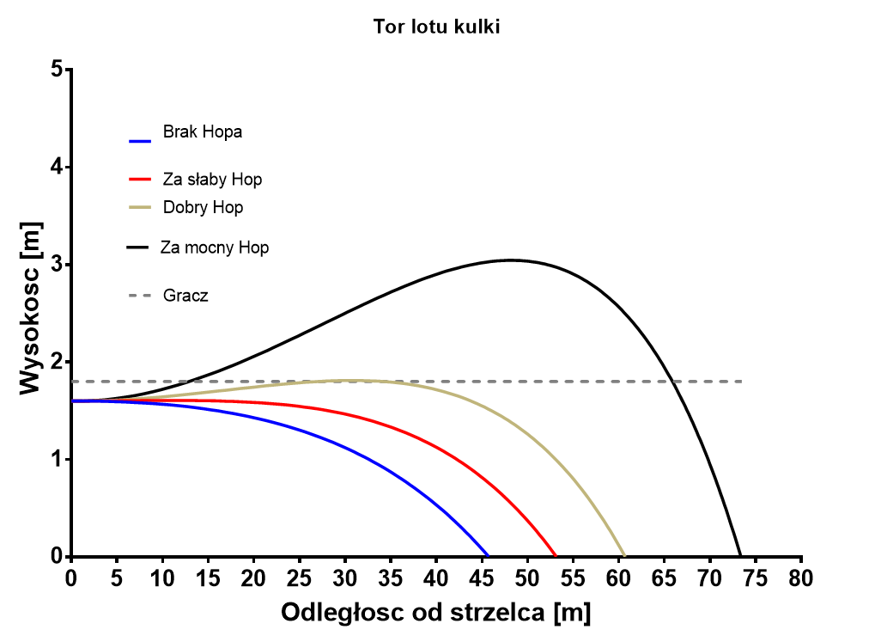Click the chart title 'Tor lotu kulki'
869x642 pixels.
[x=436, y=27]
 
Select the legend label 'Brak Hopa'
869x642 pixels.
[x=202, y=132]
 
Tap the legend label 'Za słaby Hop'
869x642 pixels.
[x=212, y=180]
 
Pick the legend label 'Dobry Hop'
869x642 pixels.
[x=203, y=208]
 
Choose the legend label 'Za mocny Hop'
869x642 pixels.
[x=215, y=248]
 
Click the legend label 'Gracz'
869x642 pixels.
[x=185, y=297]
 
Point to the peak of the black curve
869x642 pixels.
[x=510, y=260]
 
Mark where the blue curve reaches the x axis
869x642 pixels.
[x=488, y=555]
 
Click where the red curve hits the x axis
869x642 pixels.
[x=556, y=555]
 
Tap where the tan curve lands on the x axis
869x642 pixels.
[x=624, y=555]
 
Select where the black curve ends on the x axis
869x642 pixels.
[x=740, y=555]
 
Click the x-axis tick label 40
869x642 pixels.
[x=436, y=576]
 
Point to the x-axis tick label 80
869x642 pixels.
[x=801, y=576]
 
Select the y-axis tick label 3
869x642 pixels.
[x=57, y=264]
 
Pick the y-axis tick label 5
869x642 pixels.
[x=57, y=69]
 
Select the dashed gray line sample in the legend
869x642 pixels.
[x=140, y=296]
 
